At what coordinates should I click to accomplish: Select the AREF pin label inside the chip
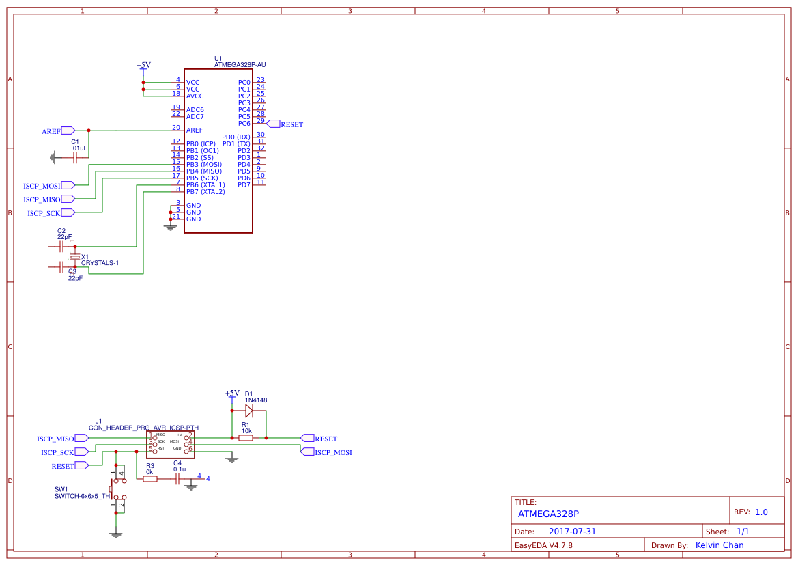point(195,130)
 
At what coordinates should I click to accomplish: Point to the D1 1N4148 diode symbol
point(249,411)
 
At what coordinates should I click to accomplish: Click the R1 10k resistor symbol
point(246,438)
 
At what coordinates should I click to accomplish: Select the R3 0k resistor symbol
point(150,479)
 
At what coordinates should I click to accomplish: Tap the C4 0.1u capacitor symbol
point(178,479)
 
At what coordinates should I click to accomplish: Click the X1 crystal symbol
point(75,257)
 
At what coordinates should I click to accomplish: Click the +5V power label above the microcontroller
point(143,66)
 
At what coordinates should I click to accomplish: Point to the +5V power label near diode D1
point(232,394)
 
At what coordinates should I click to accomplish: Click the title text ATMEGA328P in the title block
point(548,514)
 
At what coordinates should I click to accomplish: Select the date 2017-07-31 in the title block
point(572,532)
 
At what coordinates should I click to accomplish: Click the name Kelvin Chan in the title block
point(719,545)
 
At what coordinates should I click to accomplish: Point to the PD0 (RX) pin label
point(236,137)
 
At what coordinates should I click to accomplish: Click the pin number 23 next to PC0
point(261,80)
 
